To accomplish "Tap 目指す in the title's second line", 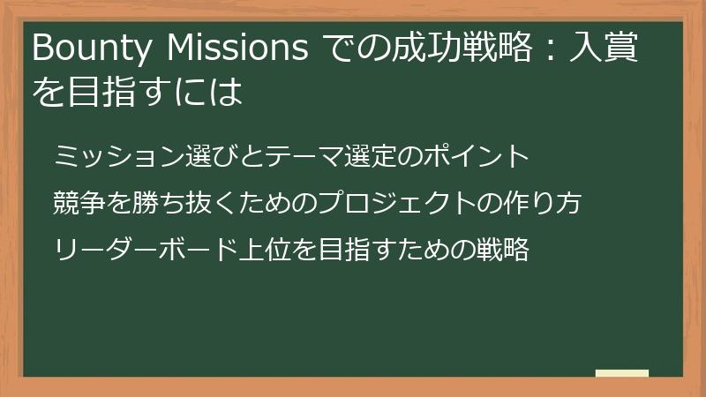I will point(116,92).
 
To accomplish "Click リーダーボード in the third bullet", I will point(146,251).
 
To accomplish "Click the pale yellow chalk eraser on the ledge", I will point(622,373).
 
